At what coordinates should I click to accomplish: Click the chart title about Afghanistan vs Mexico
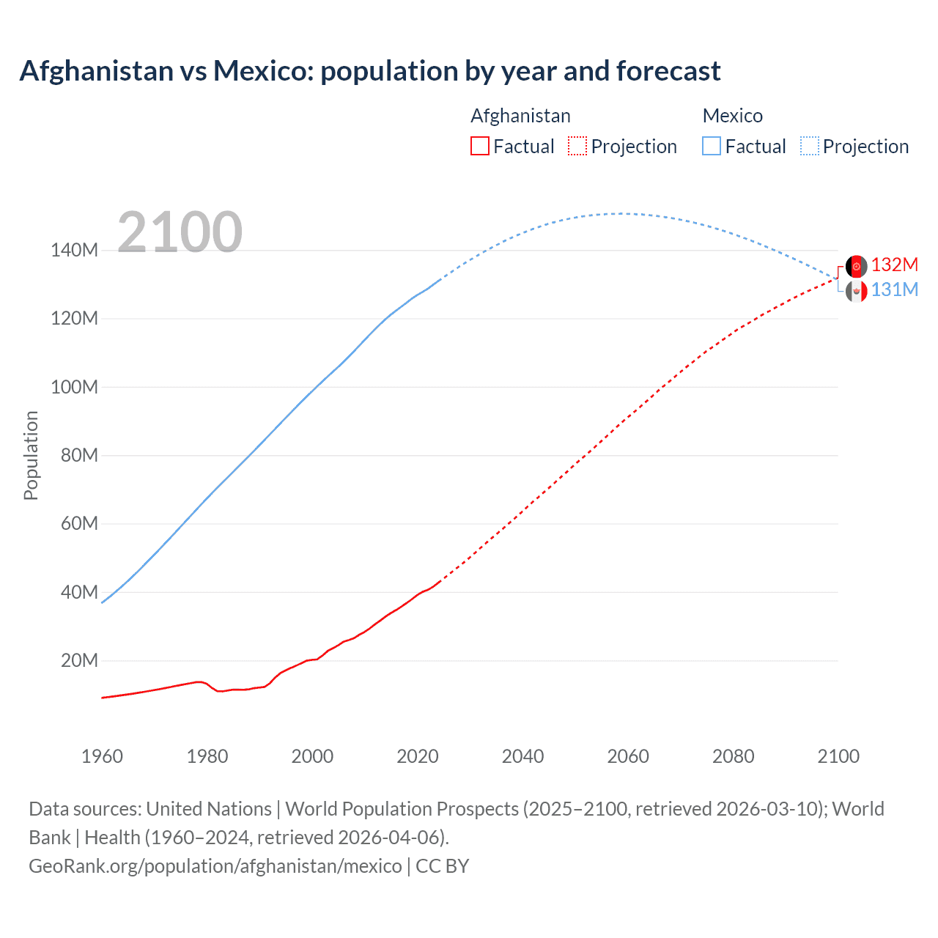pos(370,71)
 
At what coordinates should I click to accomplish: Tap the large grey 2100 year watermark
pos(180,232)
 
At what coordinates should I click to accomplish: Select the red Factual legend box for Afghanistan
pos(480,147)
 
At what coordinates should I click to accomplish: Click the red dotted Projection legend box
pos(577,147)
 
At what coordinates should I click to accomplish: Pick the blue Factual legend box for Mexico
pos(712,147)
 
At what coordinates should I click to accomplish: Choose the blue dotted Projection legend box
pos(810,147)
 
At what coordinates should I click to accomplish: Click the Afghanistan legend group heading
pos(520,116)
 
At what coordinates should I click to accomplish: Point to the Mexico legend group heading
pos(733,116)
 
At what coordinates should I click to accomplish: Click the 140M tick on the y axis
pos(74,251)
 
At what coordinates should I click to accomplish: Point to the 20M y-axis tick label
pos(79,661)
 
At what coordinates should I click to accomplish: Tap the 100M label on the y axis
pos(74,388)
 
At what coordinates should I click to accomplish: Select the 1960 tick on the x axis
pos(102,756)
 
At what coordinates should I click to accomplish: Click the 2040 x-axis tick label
pos(522,756)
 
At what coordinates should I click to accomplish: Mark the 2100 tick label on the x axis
pos(838,756)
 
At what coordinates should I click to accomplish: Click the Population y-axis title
pos(31,455)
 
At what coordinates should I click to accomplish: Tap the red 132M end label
pos(894,265)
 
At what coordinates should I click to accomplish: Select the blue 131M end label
pos(894,290)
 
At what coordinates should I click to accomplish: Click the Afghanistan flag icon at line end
pos(856,266)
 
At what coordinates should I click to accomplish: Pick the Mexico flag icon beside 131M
pos(856,292)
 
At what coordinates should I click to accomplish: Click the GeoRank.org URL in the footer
pos(215,866)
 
